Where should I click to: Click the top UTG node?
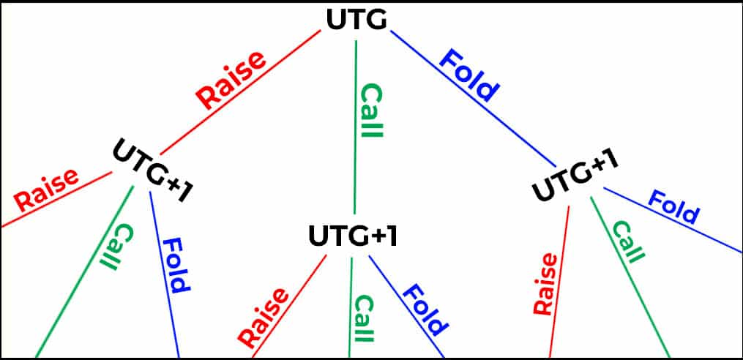coord(356,20)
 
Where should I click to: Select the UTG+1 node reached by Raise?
coord(153,170)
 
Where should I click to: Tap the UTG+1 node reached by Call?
coord(353,236)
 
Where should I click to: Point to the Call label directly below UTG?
coord(371,111)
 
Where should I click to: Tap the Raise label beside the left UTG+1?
coord(46,189)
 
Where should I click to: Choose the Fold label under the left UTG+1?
coord(176,266)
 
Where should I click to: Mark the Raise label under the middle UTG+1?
coord(264,317)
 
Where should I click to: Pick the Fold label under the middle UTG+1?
coord(425,310)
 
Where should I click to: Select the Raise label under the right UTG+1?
coord(545,284)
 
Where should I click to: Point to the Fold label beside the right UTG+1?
coord(673,207)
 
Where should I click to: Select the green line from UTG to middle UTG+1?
coord(355,127)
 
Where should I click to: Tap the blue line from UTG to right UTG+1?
coord(473,99)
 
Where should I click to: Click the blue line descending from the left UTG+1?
coord(165,274)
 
